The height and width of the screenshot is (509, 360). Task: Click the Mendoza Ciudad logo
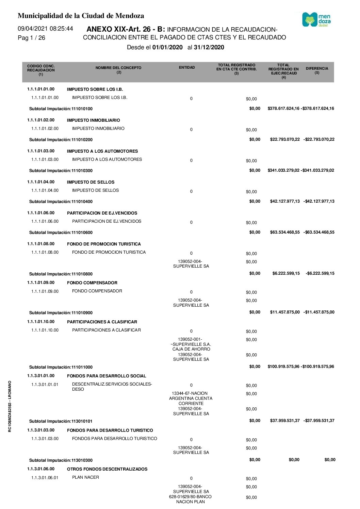tap(316, 20)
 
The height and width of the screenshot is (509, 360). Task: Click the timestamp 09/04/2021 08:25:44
tap(45, 29)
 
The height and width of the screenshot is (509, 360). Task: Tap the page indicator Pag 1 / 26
tap(31, 38)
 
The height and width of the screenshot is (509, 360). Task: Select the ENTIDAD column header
tap(187, 68)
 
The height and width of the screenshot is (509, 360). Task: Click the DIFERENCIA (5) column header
tap(317, 70)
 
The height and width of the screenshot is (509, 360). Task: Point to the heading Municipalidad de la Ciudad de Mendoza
tap(81, 16)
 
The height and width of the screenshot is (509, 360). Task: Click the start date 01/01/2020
tap(167, 47)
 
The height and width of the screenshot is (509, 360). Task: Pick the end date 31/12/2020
tap(209, 47)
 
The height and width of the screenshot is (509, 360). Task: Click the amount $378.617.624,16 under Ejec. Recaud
tap(283, 108)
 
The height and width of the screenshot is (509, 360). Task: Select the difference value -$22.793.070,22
tap(319, 139)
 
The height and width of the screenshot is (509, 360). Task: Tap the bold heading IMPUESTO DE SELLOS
tap(91, 182)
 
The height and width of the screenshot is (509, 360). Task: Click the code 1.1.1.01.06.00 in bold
tap(41, 213)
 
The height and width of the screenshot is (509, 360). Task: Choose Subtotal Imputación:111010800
tap(61, 274)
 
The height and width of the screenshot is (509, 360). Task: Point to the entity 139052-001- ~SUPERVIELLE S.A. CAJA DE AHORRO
tap(191, 344)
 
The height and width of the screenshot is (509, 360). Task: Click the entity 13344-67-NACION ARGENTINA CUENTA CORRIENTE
tap(191, 398)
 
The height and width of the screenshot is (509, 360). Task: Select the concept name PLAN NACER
tap(85, 477)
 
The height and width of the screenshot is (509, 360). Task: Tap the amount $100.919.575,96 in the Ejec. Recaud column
tap(283, 367)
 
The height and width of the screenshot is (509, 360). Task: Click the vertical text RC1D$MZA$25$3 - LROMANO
tap(10, 406)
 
